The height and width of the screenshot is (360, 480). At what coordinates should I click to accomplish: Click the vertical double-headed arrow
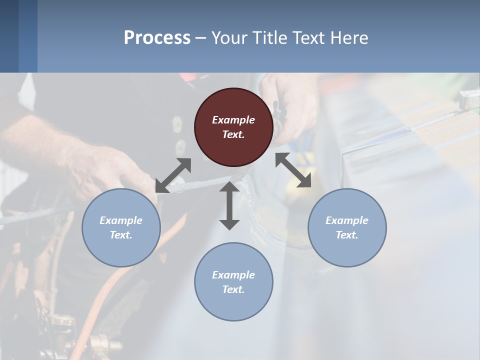tap(229, 205)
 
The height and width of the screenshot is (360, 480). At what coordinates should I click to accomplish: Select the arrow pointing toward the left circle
tap(173, 175)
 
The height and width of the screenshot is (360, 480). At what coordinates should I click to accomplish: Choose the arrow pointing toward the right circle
tap(293, 170)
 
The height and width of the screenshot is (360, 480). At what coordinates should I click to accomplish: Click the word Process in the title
tap(157, 37)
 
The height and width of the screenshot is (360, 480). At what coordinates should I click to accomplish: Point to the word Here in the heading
tap(348, 37)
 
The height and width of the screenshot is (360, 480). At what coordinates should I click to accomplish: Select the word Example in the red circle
tap(233, 120)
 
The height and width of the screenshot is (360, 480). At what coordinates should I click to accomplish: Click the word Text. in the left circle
tap(121, 235)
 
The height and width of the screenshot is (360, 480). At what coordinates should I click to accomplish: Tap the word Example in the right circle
tap(347, 220)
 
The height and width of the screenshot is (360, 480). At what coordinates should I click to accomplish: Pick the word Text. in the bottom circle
tap(233, 289)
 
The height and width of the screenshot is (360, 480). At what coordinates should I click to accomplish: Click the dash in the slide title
tap(200, 38)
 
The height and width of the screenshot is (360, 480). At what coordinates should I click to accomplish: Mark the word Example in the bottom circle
tap(233, 275)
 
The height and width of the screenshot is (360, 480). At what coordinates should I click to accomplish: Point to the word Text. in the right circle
tap(347, 235)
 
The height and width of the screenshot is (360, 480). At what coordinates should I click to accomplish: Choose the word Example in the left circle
tap(121, 220)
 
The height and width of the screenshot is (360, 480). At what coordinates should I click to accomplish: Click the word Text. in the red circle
tap(233, 134)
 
